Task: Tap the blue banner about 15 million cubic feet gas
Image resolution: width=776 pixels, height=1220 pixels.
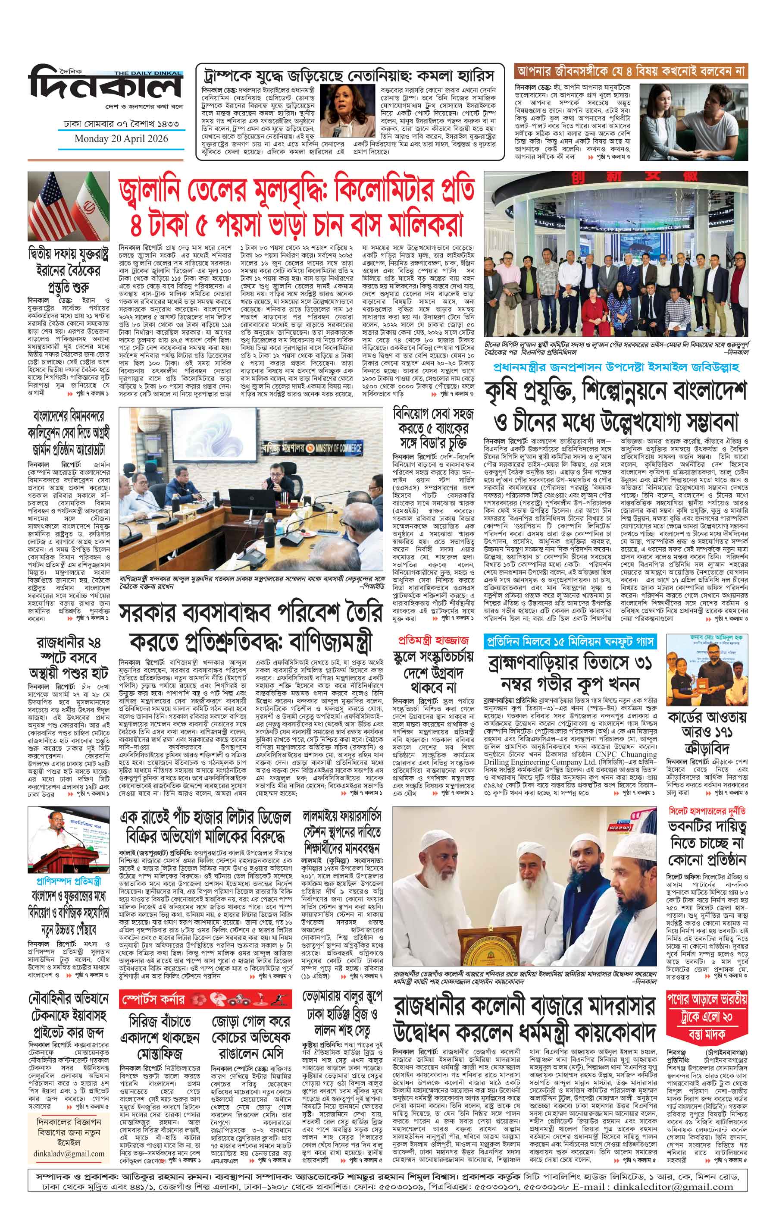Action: pyautogui.click(x=570, y=640)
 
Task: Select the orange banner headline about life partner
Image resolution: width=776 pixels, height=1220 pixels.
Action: pyautogui.click(x=631, y=70)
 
